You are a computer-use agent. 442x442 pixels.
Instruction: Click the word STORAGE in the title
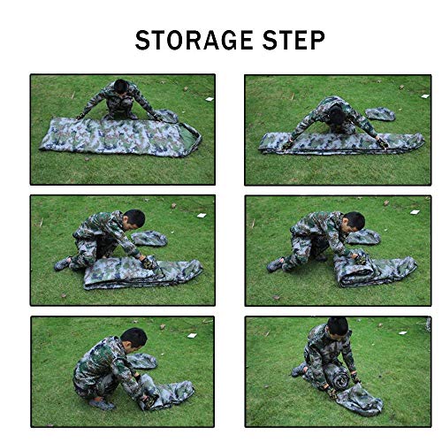coord(185,41)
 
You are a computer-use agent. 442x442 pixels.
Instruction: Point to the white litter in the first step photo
coord(209,98)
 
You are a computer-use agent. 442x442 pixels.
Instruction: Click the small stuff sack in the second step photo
coord(380,114)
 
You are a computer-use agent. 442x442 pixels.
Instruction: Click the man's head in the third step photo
coord(133,218)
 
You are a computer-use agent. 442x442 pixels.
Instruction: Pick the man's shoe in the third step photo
coord(63,263)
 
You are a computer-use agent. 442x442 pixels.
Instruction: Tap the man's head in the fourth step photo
coord(354,220)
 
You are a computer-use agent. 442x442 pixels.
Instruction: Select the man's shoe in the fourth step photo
coord(277,264)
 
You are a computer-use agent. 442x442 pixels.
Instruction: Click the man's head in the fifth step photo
coord(133,339)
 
